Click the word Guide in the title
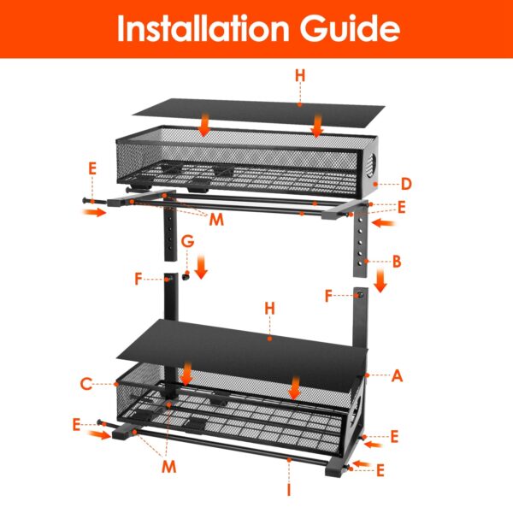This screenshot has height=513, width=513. click(x=352, y=28)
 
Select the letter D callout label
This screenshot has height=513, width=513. click(x=407, y=184)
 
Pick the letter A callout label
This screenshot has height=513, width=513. click(x=395, y=373)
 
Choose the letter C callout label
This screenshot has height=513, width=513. click(x=85, y=384)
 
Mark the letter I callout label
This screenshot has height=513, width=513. click(x=290, y=490)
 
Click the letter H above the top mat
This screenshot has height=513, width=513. click(x=299, y=76)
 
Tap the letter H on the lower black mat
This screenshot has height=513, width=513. click(x=269, y=306)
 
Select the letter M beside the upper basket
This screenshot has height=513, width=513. click(x=216, y=221)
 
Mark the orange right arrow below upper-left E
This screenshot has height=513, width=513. click(x=96, y=212)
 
